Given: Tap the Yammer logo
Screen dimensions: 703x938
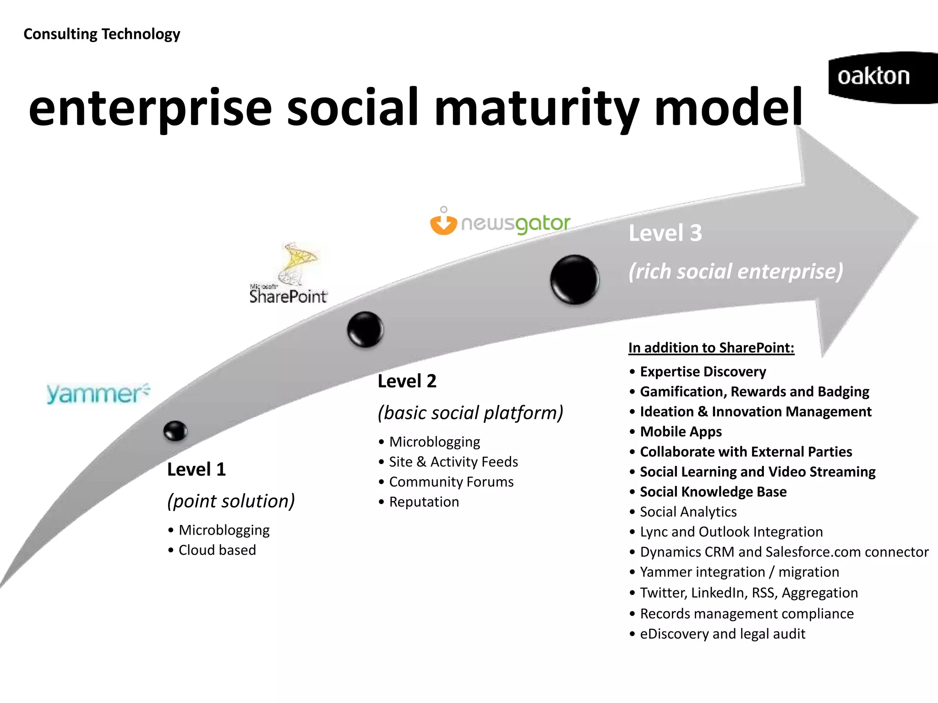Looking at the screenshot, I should click(98, 394).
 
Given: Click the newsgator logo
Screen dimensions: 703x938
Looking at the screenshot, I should click(500, 222).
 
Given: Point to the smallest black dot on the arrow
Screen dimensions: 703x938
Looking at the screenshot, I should click(175, 431).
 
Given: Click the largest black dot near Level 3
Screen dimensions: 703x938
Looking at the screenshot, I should click(574, 279).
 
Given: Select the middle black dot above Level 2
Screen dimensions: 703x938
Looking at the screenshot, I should click(365, 329).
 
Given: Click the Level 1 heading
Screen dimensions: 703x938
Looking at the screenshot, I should click(196, 470).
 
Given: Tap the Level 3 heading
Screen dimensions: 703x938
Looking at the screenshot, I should click(665, 233).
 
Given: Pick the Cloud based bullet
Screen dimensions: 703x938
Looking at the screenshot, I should click(217, 550).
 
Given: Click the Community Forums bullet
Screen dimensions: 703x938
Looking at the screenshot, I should click(451, 481).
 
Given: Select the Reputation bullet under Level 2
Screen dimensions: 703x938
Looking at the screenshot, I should click(424, 502).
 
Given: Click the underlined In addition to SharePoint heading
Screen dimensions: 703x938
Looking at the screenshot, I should click(711, 348).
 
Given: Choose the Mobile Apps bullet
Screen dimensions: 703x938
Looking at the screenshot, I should click(681, 432).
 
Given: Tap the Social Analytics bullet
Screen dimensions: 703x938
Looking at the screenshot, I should click(688, 512).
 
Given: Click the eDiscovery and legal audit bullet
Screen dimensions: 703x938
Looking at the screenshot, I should click(722, 633).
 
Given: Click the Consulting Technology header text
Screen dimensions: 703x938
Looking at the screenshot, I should click(102, 34).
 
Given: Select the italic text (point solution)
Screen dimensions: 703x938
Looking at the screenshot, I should click(231, 501).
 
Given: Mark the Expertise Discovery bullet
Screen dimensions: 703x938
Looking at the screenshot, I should click(703, 372).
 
